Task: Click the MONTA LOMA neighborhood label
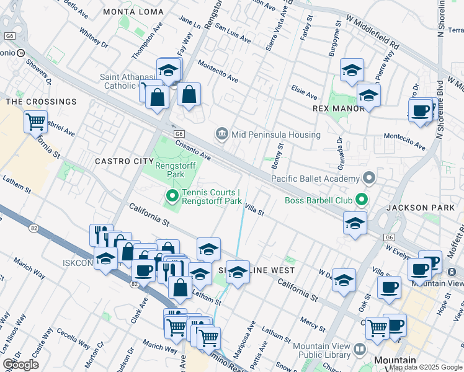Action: pos(133,12)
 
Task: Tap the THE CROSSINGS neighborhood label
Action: pos(41,102)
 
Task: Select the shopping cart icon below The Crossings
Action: pos(35,122)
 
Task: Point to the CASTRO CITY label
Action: pos(120,161)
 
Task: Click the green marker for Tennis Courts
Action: pos(172,197)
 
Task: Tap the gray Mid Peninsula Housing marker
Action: pos(221,134)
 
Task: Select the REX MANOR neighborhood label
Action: pos(337,108)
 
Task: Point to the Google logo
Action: pos(20,365)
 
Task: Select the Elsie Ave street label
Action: pos(304,93)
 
